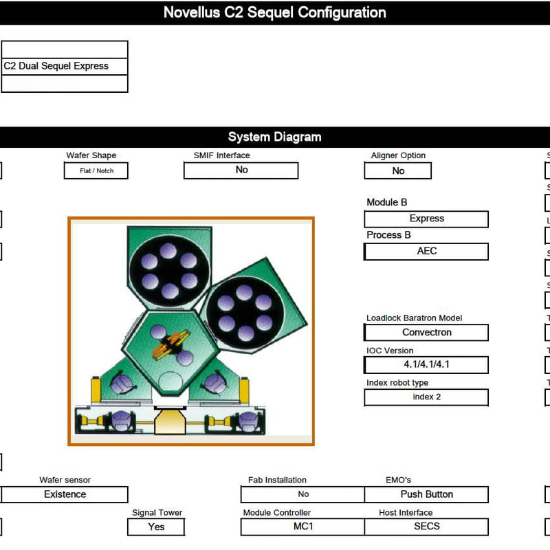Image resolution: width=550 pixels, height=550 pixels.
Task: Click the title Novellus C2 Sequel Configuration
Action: tap(274, 12)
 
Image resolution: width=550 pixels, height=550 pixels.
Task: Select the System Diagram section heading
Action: tap(274, 137)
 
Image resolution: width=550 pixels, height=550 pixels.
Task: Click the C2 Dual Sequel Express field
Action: tap(65, 66)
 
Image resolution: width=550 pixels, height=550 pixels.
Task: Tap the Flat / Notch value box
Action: tap(96, 170)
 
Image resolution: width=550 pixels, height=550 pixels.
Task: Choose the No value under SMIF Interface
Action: tap(241, 170)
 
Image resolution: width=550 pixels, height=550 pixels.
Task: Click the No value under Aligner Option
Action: tap(398, 170)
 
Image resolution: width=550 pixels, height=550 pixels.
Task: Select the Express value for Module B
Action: tap(426, 219)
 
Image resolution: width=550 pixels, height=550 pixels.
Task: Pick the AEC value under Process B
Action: tap(426, 252)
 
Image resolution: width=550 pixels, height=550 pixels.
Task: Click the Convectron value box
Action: tap(426, 332)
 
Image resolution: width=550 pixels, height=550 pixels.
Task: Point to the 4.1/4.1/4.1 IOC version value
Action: tap(426, 364)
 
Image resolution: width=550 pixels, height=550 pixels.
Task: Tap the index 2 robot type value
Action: tap(426, 397)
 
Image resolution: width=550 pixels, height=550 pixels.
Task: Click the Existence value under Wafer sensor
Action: tap(65, 494)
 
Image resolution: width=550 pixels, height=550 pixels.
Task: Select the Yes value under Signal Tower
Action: tap(156, 527)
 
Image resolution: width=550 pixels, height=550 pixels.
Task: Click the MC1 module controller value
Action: tap(302, 527)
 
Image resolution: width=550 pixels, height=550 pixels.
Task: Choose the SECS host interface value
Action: tap(426, 527)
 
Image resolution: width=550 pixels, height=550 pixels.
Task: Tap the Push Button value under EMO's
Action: tap(426, 494)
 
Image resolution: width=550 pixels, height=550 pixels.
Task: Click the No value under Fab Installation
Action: tap(302, 494)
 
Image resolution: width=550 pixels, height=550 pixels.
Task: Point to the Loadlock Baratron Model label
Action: tap(414, 318)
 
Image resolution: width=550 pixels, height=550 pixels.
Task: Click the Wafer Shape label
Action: tap(91, 155)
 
